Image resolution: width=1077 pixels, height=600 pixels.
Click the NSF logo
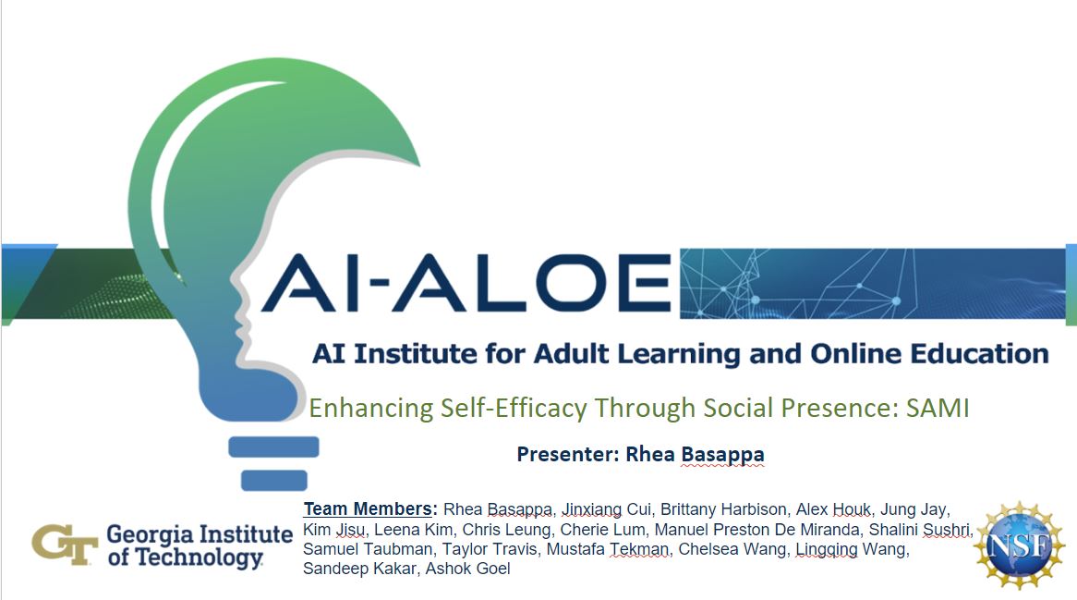[1020, 545]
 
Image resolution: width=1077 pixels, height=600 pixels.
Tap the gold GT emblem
[65, 545]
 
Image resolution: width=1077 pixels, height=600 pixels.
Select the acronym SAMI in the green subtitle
[938, 409]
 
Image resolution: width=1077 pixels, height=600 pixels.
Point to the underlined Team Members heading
[370, 508]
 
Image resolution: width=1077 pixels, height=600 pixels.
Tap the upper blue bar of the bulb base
[273, 447]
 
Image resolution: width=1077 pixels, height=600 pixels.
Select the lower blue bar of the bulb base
[273, 480]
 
